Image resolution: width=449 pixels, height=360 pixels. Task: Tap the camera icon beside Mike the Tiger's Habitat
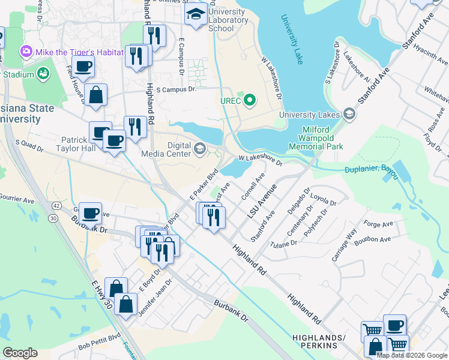[26, 52]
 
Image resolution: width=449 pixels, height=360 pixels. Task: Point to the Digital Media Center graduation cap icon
[200, 148]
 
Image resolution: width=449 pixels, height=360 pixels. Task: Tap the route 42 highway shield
[56, 205]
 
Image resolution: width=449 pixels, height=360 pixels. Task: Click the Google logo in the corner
[20, 353]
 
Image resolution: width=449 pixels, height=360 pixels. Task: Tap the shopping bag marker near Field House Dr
[95, 95]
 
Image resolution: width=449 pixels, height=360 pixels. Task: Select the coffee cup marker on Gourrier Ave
[90, 213]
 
